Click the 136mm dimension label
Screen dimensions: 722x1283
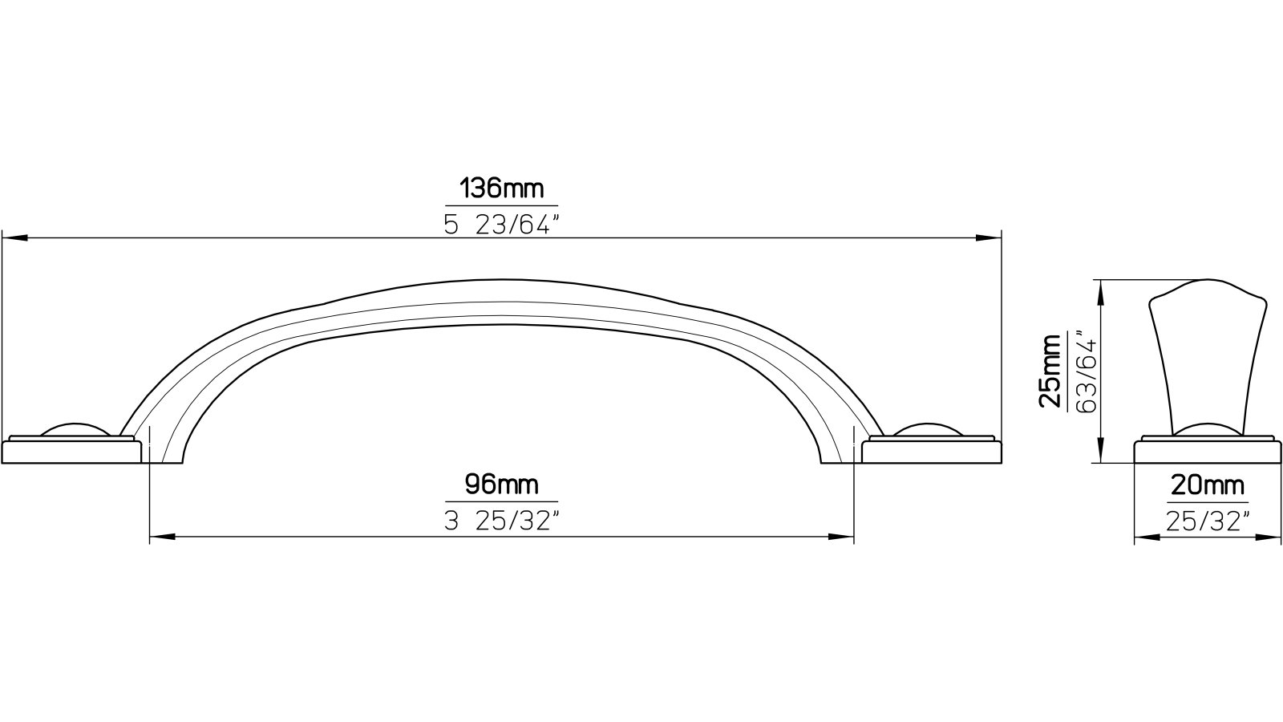(x=501, y=189)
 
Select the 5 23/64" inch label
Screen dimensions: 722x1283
(x=501, y=225)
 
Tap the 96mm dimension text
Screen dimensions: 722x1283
(x=501, y=485)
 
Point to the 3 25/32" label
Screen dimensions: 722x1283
(x=501, y=521)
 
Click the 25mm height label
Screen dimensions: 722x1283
(x=1050, y=371)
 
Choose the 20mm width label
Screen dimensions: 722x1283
(x=1208, y=485)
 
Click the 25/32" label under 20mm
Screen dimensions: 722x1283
(x=1208, y=521)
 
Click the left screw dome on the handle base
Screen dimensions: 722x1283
(x=74, y=430)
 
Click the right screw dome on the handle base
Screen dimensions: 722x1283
(x=929, y=430)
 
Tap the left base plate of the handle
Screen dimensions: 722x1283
(x=72, y=452)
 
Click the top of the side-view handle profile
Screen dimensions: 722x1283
(x=1208, y=283)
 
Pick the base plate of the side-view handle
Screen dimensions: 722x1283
(x=1208, y=452)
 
